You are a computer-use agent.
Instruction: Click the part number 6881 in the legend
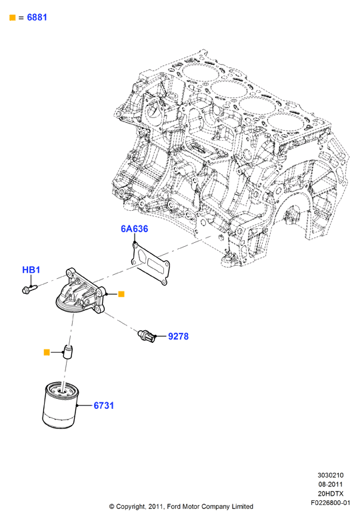tap(37, 17)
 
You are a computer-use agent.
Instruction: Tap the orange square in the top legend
tap(13, 17)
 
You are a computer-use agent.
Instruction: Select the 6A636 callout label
tap(134, 229)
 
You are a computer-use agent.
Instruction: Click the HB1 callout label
tap(31, 270)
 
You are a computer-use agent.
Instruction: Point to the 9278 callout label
tap(179, 336)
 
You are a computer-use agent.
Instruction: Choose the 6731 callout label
tap(103, 406)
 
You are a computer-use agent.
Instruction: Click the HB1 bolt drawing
tap(29, 288)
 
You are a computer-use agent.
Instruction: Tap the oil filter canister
tap(60, 405)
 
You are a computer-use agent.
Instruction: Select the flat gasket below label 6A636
tap(150, 263)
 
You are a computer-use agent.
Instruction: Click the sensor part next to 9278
tap(147, 336)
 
